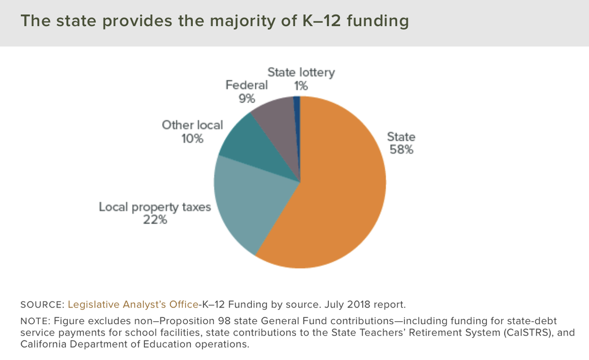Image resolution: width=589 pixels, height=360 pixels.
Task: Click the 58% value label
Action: pyautogui.click(x=401, y=150)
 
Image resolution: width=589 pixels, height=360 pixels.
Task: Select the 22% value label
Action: pyautogui.click(x=155, y=220)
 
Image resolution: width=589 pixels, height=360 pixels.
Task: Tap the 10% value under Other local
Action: pyautogui.click(x=192, y=138)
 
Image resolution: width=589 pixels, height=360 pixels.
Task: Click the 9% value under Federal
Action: pyautogui.click(x=246, y=99)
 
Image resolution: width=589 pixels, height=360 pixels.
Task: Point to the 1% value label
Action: pyautogui.click(x=301, y=86)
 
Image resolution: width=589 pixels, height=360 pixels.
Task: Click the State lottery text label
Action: pyautogui.click(x=301, y=73)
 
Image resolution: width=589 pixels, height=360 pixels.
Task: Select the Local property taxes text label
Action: pyautogui.click(x=155, y=207)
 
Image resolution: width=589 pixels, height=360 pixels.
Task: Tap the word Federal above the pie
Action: pyautogui.click(x=246, y=85)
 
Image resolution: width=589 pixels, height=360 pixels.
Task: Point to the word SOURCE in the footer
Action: pyautogui.click(x=41, y=305)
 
